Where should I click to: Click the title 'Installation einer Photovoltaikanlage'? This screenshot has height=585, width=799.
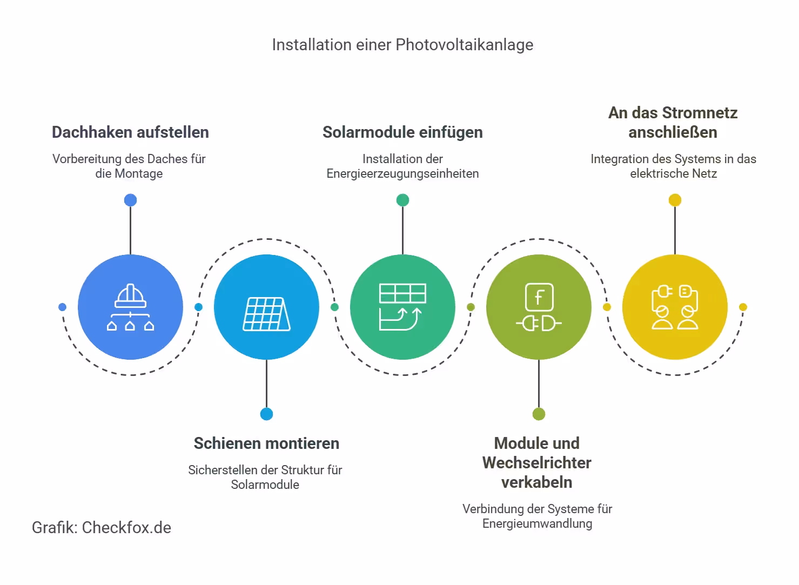[402, 45]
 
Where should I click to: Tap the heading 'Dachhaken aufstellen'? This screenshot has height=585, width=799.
[130, 132]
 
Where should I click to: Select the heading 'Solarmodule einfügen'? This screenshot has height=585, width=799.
[402, 132]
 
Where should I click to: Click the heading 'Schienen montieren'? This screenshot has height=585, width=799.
[266, 443]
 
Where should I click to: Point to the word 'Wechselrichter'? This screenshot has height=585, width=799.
[536, 463]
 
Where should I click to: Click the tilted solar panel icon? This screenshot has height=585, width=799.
[266, 314]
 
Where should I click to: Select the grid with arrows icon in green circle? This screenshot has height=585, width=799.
[402, 307]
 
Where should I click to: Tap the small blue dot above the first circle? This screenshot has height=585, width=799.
[130, 200]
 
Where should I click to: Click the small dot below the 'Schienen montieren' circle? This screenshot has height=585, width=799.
[266, 414]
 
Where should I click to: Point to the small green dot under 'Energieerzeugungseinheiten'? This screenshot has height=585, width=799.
[402, 200]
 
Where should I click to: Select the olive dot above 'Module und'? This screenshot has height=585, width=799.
[539, 414]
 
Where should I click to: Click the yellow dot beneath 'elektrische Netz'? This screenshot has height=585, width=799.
[675, 200]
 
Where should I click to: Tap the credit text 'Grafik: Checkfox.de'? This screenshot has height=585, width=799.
[102, 528]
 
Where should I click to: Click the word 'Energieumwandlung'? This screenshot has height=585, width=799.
[537, 524]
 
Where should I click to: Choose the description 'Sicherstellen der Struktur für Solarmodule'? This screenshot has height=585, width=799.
[265, 478]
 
